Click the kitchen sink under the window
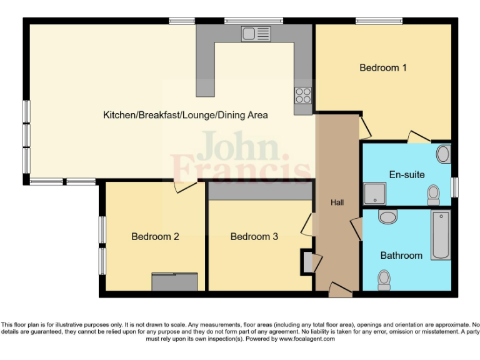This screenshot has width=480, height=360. click(x=256, y=34)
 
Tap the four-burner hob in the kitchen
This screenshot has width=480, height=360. click(x=303, y=96)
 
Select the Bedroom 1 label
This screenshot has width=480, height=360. click(x=383, y=67)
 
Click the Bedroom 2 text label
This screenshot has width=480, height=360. click(x=155, y=237)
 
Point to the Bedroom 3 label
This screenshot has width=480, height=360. click(x=254, y=237)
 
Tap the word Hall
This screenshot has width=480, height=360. click(x=337, y=202)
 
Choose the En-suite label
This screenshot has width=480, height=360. click(x=406, y=175)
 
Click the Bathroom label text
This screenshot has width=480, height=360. click(x=401, y=255)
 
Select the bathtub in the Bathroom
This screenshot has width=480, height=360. click(x=441, y=236)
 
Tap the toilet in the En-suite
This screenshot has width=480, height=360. click(x=433, y=195)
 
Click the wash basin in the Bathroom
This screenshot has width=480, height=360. click(x=388, y=217)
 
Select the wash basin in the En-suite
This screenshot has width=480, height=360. click(x=443, y=154)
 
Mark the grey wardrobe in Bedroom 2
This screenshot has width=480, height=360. click(x=176, y=282)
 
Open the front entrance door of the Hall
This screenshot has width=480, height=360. click(x=339, y=289)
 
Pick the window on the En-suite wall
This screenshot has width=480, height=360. click(x=454, y=186)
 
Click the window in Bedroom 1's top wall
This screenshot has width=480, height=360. click(x=379, y=21)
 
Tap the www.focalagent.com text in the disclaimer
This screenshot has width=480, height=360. click(x=306, y=339)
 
